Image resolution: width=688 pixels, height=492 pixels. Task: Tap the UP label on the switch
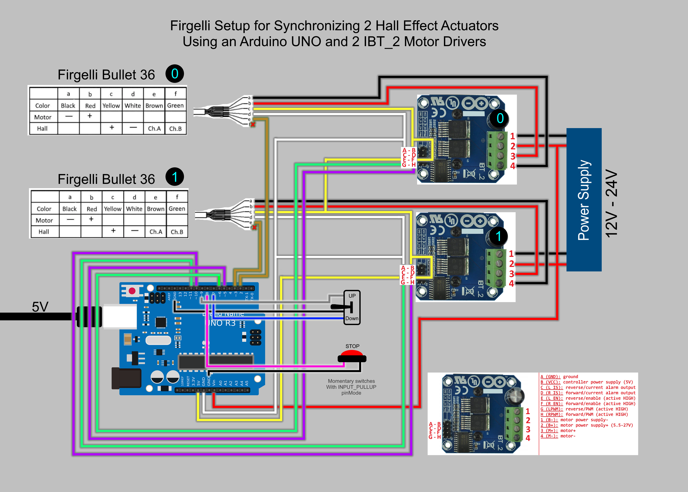352,296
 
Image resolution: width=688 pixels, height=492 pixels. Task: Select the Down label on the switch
352,318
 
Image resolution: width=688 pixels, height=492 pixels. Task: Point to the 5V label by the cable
40,307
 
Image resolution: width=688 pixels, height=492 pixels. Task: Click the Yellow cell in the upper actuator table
111,105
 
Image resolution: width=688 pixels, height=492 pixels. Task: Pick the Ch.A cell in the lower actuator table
156,232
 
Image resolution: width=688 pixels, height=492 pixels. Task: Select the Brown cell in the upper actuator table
154,105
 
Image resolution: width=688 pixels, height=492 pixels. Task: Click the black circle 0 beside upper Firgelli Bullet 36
175,74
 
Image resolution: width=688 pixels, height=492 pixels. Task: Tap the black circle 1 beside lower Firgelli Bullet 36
175,177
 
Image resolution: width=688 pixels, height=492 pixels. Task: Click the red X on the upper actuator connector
253,124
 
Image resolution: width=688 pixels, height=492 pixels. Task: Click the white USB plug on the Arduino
120,316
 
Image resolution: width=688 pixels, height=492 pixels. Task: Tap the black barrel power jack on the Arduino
126,378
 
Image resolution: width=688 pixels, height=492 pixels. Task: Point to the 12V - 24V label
611,203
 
